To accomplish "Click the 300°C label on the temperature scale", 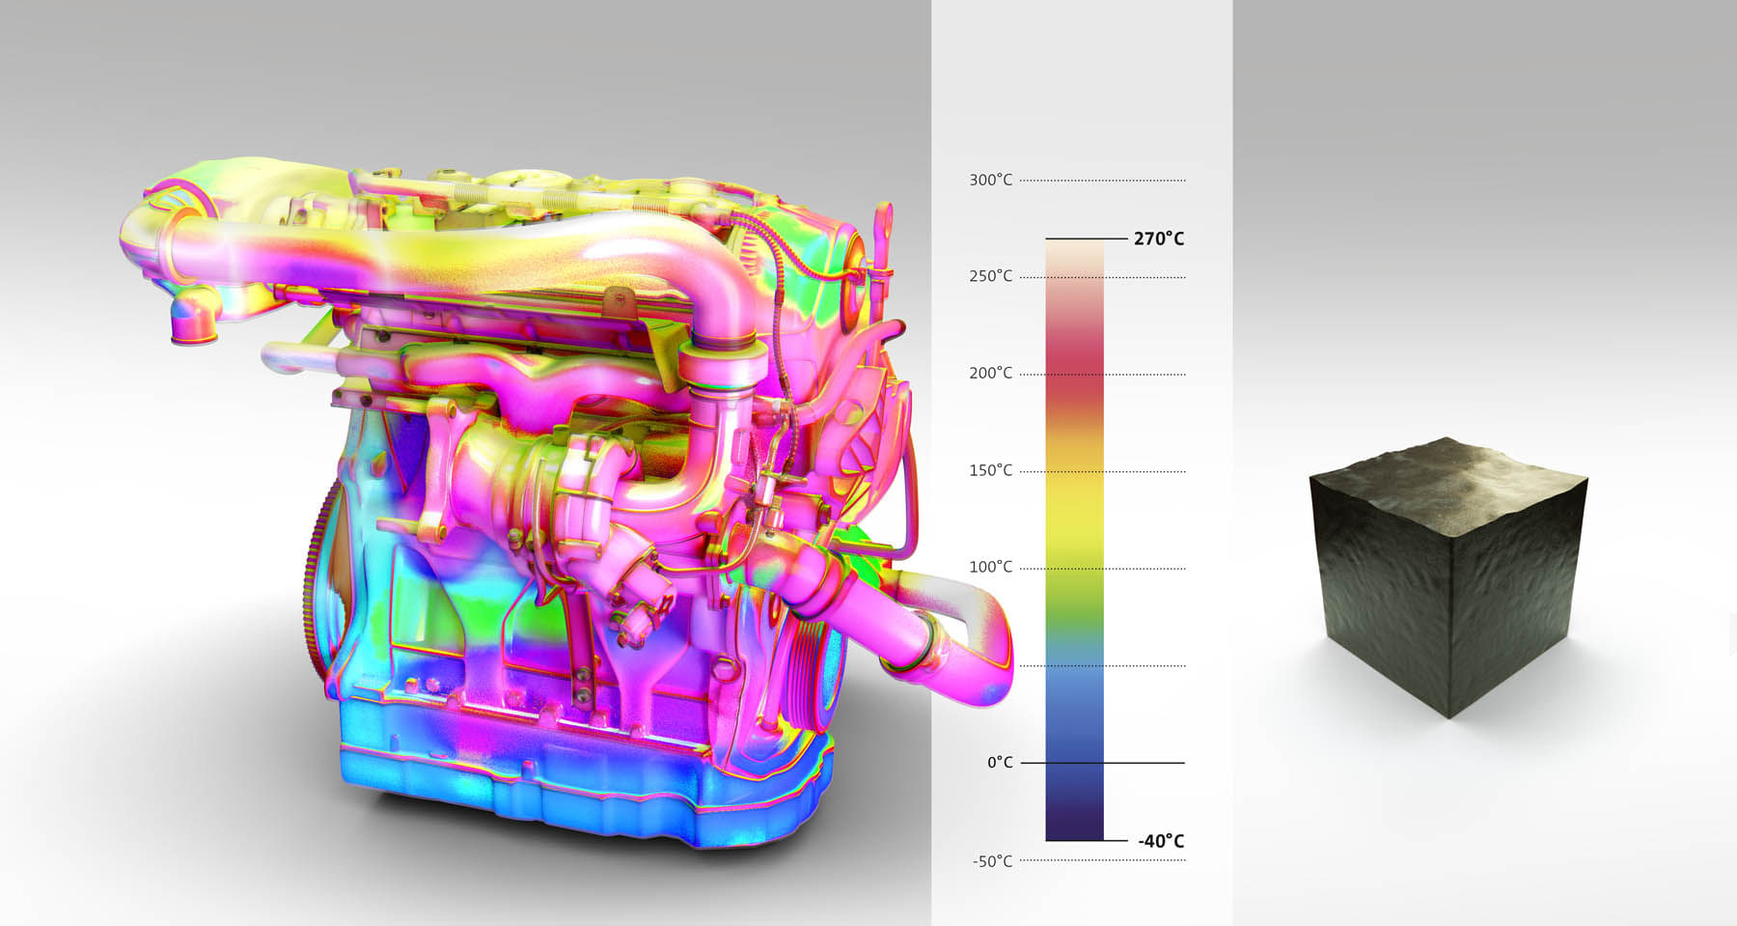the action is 991,181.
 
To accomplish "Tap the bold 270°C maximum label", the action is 1159,239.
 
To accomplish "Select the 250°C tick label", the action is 991,277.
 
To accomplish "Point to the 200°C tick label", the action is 991,374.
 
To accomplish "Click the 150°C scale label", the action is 991,471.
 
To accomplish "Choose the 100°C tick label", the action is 991,568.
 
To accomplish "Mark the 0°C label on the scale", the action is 1000,763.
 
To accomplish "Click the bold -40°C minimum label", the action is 1161,841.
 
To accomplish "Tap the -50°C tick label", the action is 993,861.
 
